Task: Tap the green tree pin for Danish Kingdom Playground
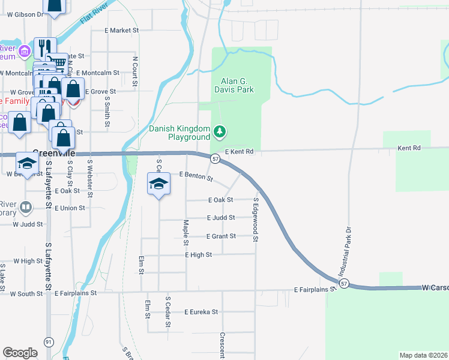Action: coord(220,130)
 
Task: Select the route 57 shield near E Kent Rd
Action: coord(214,158)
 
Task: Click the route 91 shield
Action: coord(49,341)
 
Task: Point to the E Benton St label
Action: coord(196,176)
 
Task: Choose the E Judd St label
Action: coord(221,218)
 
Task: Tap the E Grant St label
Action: coord(221,236)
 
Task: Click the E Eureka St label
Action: coord(201,312)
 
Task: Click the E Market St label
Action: coord(121,30)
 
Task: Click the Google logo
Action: coord(20,353)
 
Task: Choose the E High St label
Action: coord(199,255)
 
